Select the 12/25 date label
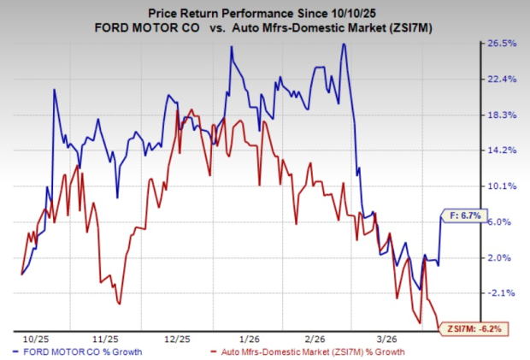[179, 338]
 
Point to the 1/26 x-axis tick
[250, 338]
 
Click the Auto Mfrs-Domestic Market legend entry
[307, 351]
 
